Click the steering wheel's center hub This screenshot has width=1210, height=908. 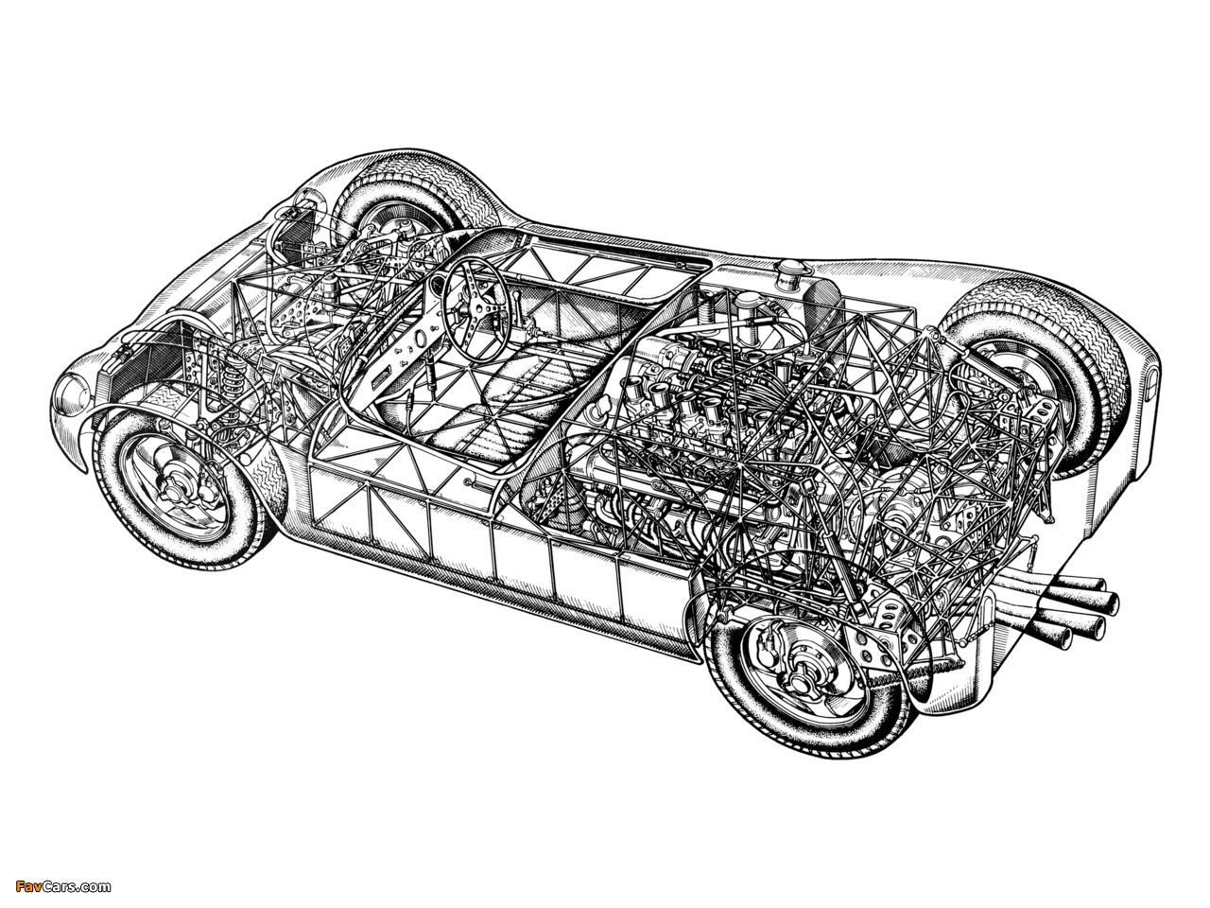tap(475, 310)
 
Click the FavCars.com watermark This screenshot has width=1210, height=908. tap(63, 886)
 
